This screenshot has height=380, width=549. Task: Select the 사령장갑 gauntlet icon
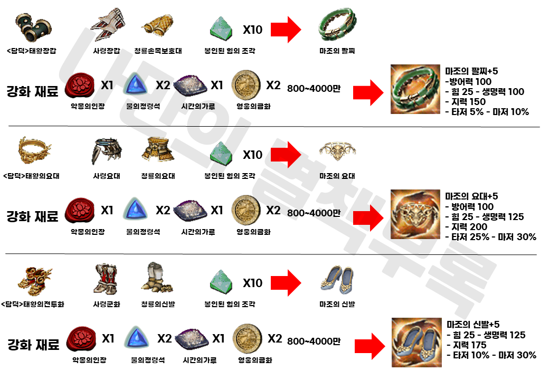[107, 26]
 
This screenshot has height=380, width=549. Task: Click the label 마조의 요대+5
[471, 196]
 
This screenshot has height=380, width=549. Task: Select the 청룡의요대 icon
[158, 151]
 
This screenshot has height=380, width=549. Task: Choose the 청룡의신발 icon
[158, 278]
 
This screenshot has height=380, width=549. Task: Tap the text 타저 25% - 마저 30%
[491, 237]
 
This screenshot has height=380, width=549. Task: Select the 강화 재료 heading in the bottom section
[33, 346]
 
